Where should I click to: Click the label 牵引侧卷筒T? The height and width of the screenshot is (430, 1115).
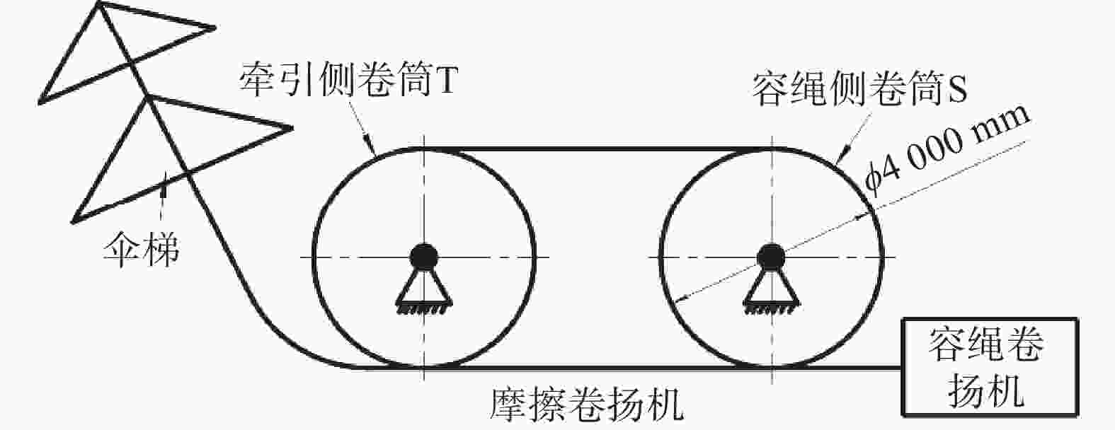[348, 79]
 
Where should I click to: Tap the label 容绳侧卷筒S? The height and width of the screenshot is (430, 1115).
[859, 89]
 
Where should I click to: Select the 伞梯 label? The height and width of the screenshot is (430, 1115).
[142, 249]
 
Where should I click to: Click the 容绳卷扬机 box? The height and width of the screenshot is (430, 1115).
[990, 367]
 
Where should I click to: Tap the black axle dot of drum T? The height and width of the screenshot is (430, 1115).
[423, 257]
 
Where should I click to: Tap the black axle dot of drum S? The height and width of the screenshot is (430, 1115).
[770, 257]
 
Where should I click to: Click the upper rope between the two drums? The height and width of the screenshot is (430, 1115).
[597, 148]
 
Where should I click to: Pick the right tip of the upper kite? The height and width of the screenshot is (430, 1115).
[215, 28]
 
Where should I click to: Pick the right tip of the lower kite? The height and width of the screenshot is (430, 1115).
[292, 128]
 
